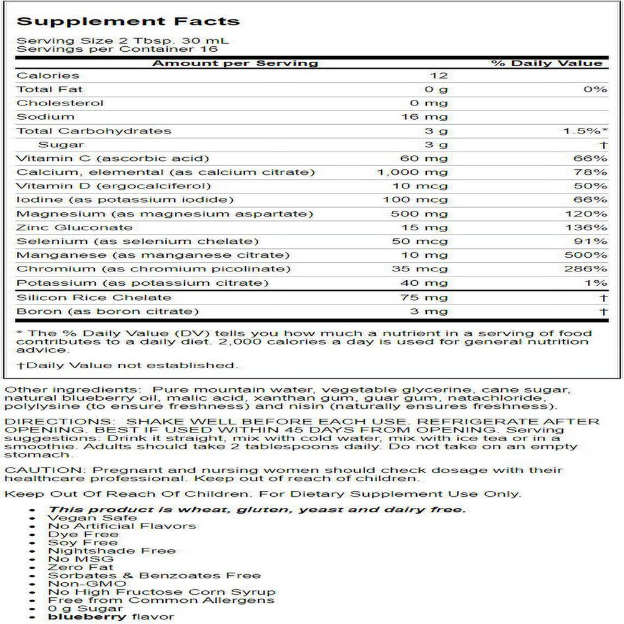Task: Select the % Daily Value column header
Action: pos(547,63)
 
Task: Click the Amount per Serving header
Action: pos(235,63)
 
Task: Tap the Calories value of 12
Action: pos(439,76)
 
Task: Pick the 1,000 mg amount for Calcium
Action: pos(412,172)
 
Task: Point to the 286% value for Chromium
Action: pos(592,269)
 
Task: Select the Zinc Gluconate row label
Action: pos(74,228)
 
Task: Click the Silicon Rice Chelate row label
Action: pos(94,298)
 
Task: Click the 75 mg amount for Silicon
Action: pos(424,298)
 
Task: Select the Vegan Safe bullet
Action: pos(92,518)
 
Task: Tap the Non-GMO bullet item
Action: pos(87,583)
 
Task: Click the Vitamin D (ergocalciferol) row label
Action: pos(114,186)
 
